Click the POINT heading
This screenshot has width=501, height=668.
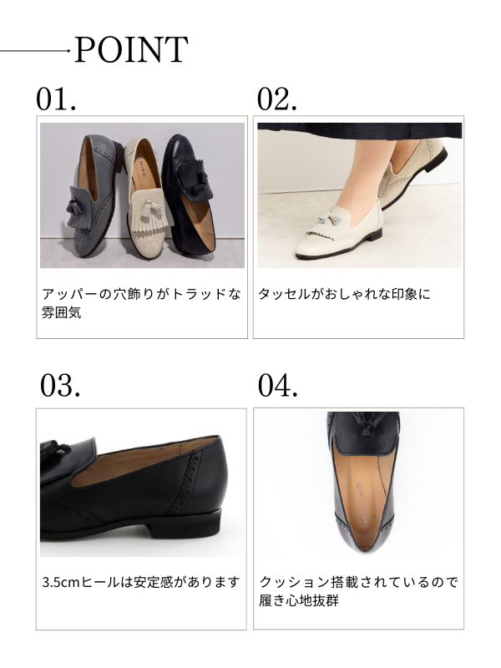tap(131, 50)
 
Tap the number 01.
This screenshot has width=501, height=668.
tap(56, 99)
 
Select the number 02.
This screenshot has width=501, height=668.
tap(276, 99)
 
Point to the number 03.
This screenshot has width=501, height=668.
tap(59, 385)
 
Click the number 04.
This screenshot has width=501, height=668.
tap(278, 385)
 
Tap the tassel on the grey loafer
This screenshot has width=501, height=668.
tap(73, 210)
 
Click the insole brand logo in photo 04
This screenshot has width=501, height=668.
tap(360, 503)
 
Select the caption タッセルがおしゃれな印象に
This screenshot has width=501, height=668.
tap(344, 294)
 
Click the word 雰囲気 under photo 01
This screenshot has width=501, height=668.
tap(61, 312)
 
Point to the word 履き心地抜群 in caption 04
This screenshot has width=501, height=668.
tap(299, 600)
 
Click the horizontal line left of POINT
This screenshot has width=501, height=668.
tap(35, 51)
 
